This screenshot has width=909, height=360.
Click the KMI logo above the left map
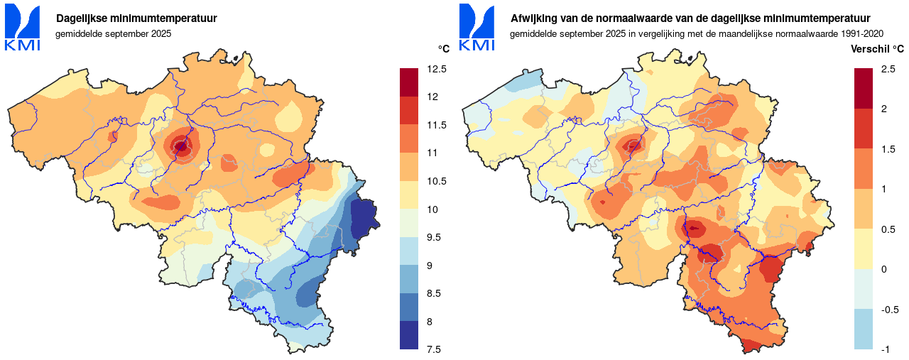23,28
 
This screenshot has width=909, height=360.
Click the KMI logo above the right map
477,28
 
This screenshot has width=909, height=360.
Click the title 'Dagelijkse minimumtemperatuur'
137,18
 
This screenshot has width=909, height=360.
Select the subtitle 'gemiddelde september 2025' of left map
114,33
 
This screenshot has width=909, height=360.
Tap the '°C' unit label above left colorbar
443,49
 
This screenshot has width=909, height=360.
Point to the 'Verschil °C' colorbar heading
878,49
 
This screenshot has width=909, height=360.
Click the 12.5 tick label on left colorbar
437,69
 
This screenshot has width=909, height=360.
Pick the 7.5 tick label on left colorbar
434,349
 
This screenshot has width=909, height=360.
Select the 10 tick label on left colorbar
432,209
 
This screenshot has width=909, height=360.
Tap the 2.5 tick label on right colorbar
888,69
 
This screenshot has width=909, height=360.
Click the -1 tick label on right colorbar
885,349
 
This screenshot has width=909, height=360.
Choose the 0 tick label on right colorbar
883,269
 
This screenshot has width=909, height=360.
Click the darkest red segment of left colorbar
410,82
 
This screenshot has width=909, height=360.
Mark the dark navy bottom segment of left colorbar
410,335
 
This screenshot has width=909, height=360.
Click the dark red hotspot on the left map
181,147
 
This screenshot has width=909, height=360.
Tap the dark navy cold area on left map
364,216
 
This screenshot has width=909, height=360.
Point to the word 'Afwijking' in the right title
532,18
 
